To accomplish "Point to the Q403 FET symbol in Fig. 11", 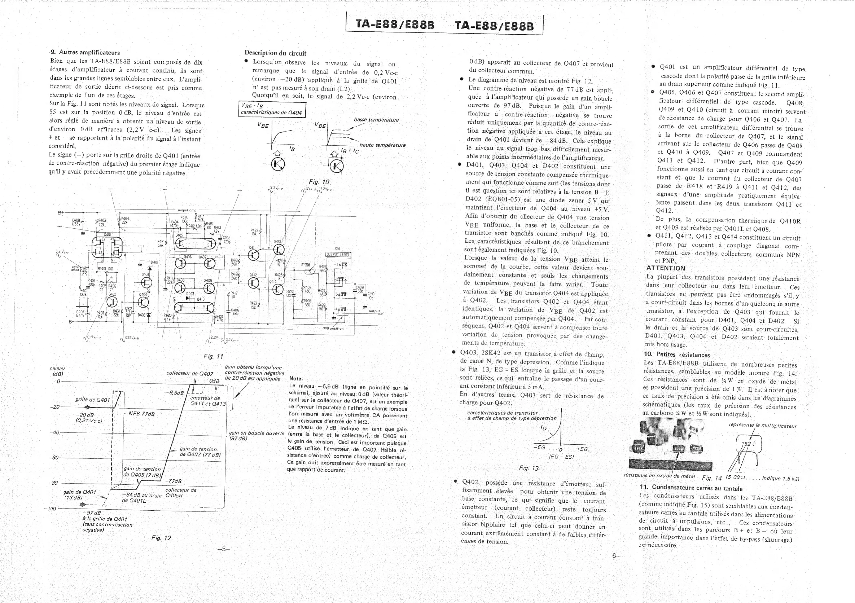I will coord(146,283).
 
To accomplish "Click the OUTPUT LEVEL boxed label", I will coord(338,255).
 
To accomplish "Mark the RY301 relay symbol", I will coord(309,271).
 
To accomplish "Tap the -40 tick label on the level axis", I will coord(54,432).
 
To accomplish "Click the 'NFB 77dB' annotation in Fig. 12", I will coord(141,414).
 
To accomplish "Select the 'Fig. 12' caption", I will coord(161,538).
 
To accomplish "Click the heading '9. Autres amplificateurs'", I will coord(85,53).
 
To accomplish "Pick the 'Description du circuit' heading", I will coord(275,53).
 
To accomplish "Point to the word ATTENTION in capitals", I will coord(666,268).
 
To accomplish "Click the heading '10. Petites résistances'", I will coord(677,355).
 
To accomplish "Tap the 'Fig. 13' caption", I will coord(529,468).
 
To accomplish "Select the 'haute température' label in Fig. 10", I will coord(382,145).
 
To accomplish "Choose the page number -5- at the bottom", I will coord(224,549).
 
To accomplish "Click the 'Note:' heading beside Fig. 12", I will coord(296,379).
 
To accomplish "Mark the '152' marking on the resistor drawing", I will coord(746,444).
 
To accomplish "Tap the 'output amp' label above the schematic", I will coord(187,210).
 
